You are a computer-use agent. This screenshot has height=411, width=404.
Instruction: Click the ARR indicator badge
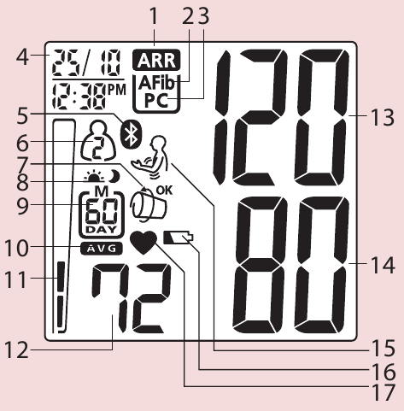[156, 60]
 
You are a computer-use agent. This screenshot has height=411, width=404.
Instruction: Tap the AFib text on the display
[156, 83]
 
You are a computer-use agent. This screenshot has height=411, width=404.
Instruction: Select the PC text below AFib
[156, 100]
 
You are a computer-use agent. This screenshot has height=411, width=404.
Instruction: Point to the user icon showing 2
[98, 141]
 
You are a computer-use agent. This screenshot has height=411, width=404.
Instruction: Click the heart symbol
[143, 243]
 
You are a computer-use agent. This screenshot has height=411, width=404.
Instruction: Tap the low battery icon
[179, 238]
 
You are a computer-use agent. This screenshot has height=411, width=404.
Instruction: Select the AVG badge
[102, 249]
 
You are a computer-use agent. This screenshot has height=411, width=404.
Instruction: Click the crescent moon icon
[114, 176]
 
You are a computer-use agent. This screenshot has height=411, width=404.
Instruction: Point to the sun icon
[94, 177]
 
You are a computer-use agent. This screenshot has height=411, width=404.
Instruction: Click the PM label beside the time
[117, 90]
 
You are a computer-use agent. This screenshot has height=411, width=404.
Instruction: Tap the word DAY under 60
[101, 229]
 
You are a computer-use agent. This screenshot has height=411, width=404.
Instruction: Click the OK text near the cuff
[164, 190]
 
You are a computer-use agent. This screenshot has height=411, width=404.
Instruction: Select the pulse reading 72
[132, 298]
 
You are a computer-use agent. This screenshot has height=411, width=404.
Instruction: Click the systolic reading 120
[281, 117]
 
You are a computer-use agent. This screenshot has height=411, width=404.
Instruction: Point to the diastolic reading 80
[291, 265]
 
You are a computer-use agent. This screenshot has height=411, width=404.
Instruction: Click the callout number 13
[383, 117]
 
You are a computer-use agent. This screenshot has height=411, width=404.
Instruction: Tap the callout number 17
[384, 392]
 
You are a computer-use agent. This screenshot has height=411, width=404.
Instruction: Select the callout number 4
[22, 57]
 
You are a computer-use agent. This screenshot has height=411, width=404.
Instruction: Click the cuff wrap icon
[148, 206]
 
